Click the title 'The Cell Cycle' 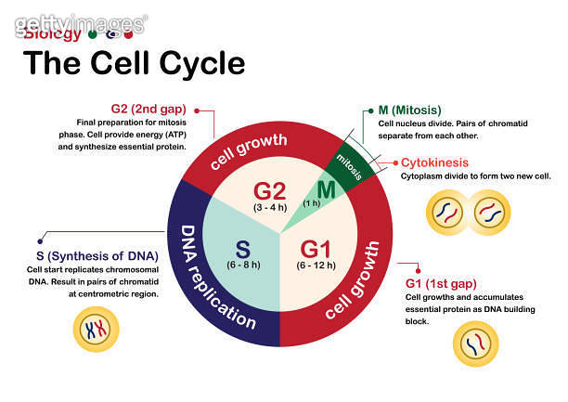134,63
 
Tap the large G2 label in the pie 269,192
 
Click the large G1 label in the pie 316,249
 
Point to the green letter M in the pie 326,190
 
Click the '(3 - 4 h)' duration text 269,210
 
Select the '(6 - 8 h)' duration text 241,266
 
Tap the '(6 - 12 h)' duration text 316,266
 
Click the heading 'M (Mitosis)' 409,110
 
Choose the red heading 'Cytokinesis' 434,162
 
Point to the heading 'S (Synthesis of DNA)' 92,255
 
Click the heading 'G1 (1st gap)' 442,282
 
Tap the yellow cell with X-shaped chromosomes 96,329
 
